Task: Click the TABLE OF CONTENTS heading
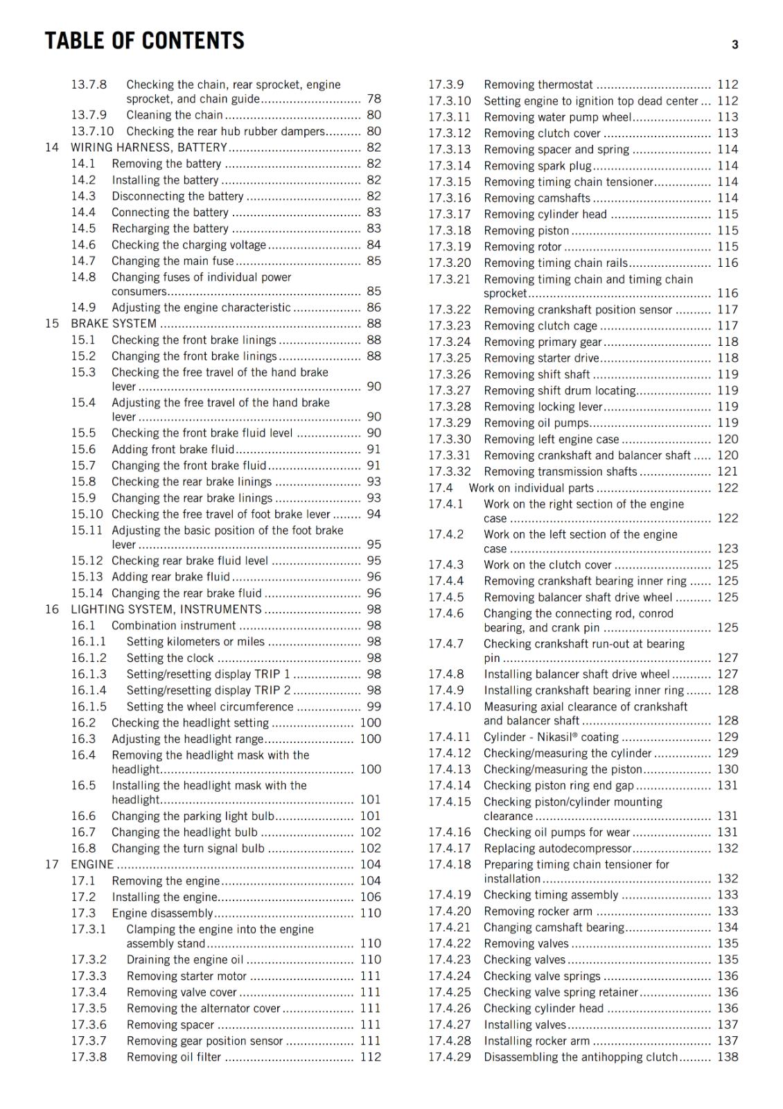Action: click(x=144, y=41)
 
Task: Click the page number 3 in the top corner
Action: click(x=734, y=45)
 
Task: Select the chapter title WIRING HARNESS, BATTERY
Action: click(x=149, y=148)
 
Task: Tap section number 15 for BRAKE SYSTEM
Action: click(x=52, y=324)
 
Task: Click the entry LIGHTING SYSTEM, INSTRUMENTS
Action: click(x=166, y=609)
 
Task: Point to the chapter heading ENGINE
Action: click(x=92, y=864)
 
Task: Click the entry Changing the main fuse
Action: click(x=173, y=261)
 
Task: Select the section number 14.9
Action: click(x=83, y=307)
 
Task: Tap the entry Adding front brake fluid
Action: click(x=173, y=449)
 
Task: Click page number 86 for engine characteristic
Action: click(x=373, y=307)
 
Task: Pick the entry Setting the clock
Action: click(x=170, y=658)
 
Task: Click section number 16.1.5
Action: click(x=89, y=706)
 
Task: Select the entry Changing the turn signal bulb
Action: click(x=188, y=848)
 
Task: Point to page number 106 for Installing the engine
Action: click(x=370, y=897)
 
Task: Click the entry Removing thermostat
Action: click(x=538, y=85)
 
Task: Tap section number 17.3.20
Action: click(x=449, y=263)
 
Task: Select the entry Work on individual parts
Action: click(x=531, y=488)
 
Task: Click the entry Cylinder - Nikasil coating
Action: click(x=551, y=737)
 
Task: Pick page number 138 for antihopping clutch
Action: click(x=728, y=1057)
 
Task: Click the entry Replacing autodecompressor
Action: click(x=557, y=848)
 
